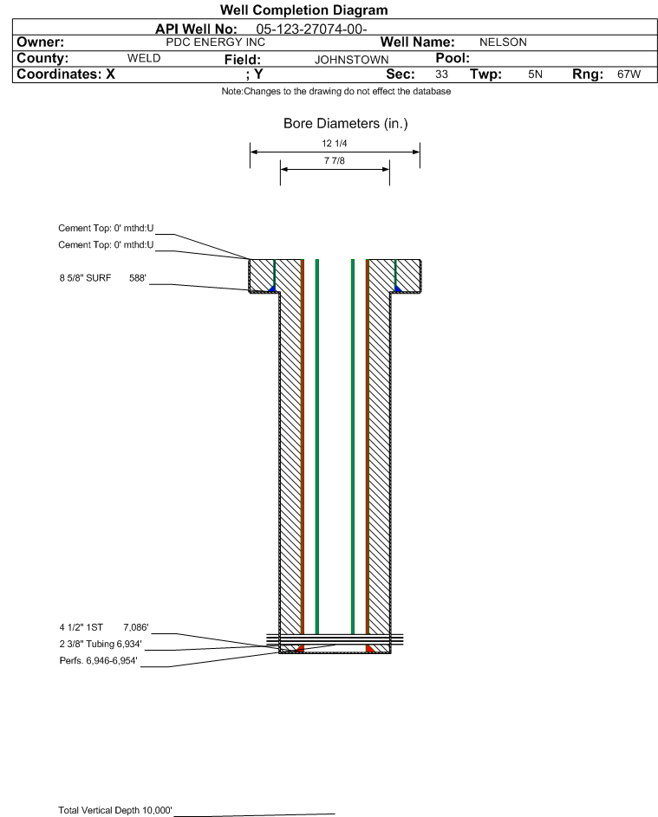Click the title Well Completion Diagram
click(x=304, y=10)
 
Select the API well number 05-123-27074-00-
click(x=311, y=29)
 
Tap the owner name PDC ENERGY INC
click(x=215, y=42)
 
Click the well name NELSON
click(x=503, y=42)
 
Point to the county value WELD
click(x=144, y=58)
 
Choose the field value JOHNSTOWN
click(x=351, y=60)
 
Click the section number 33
click(x=441, y=74)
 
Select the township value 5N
click(x=535, y=74)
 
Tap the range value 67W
click(x=629, y=74)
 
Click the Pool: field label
click(x=453, y=58)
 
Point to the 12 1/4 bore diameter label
click(x=335, y=143)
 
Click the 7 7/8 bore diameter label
click(x=335, y=160)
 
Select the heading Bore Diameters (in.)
click(x=346, y=124)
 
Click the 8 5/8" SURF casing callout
click(x=102, y=278)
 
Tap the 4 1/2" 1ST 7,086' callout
click(x=104, y=627)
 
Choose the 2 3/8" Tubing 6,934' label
click(x=100, y=644)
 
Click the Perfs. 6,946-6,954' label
click(x=99, y=661)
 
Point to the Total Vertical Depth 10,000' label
click(x=115, y=810)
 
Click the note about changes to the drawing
click(x=336, y=91)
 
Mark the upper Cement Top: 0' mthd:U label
click(x=106, y=228)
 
